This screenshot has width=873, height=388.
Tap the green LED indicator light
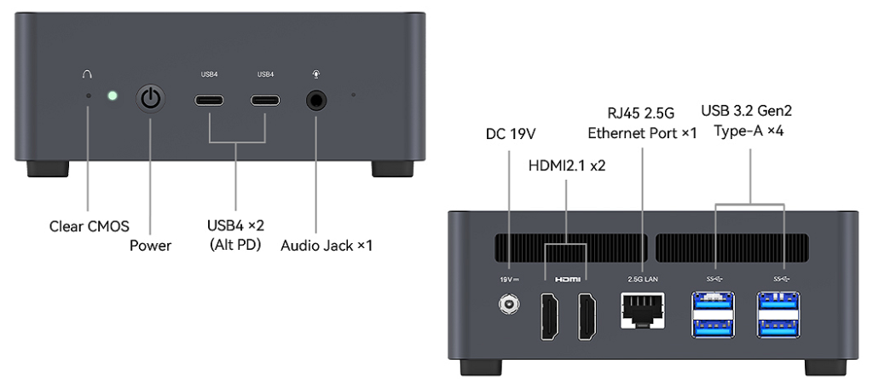point(112,95)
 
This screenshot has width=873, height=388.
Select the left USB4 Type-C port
point(209,100)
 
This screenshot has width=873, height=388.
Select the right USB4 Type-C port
point(264,100)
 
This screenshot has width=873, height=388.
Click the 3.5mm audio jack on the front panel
point(317,100)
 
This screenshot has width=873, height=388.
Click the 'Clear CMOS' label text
point(89,226)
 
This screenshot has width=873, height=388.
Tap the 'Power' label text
point(151,246)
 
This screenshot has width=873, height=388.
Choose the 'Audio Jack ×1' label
point(327,246)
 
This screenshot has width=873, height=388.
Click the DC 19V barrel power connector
point(510,304)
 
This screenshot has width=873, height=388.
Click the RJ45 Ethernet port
point(641,308)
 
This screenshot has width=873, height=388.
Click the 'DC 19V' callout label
point(510,134)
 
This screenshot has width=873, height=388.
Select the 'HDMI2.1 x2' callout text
point(566,165)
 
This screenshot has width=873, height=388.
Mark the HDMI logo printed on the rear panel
point(567,279)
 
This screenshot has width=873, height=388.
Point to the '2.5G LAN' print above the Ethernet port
point(641,279)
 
